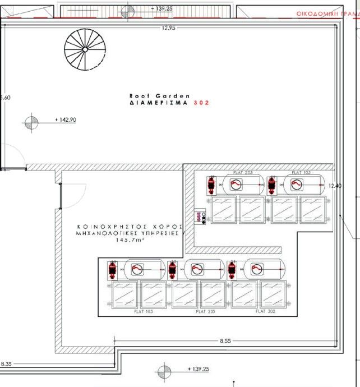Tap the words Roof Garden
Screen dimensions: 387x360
pos(160,96)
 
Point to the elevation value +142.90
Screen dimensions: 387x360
pos(66,120)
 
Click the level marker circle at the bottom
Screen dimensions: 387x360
pos(164,370)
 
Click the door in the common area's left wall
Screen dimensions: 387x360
pos(61,196)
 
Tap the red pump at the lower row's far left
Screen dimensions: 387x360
pos(113,270)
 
